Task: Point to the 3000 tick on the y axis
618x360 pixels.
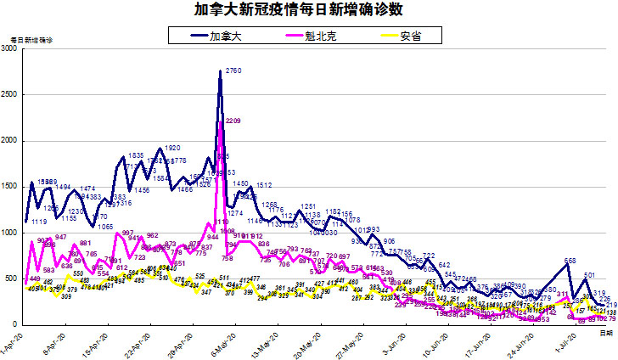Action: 11,49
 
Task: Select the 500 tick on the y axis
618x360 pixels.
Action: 14,278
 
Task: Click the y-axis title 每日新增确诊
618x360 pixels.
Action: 31,40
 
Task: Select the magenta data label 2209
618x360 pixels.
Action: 233,121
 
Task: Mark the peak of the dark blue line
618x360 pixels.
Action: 221,71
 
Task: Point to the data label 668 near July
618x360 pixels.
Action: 570,261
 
